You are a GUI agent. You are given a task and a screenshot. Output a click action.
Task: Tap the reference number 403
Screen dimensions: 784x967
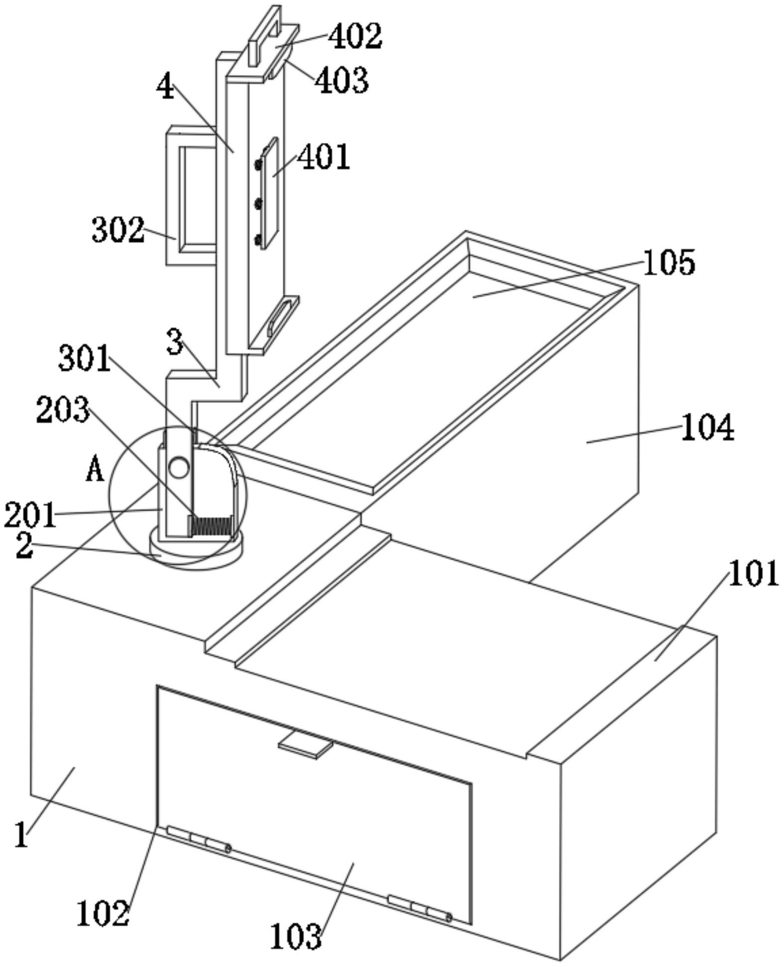342,80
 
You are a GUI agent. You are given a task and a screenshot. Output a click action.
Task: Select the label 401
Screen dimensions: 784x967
324,157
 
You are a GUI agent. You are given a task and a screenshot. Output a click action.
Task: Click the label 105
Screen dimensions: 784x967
669,262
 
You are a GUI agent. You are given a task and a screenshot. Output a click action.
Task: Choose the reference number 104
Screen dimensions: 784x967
707,428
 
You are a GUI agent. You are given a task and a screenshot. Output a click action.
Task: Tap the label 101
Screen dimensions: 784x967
754,573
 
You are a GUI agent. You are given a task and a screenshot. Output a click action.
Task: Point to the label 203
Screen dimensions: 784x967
63,410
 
